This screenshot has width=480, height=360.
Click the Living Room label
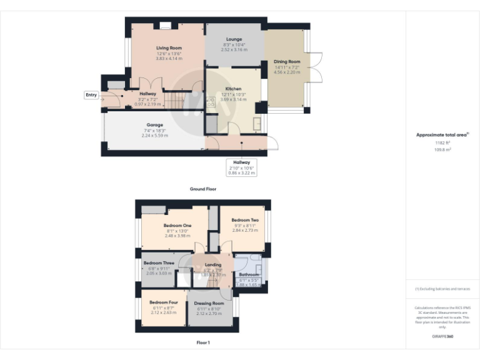point(169,47)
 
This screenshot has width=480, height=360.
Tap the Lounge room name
point(234,39)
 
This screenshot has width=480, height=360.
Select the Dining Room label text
point(286,62)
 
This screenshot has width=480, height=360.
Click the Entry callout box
point(92,95)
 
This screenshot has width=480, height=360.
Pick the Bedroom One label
point(177,225)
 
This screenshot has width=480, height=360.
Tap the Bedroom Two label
point(244,220)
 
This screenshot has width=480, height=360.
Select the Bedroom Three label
point(157,263)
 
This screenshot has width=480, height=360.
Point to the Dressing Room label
point(209,303)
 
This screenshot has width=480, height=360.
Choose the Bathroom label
point(249,274)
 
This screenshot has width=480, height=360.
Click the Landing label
point(213,265)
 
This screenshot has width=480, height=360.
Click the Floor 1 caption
point(203,342)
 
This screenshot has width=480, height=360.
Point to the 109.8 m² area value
point(442,149)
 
